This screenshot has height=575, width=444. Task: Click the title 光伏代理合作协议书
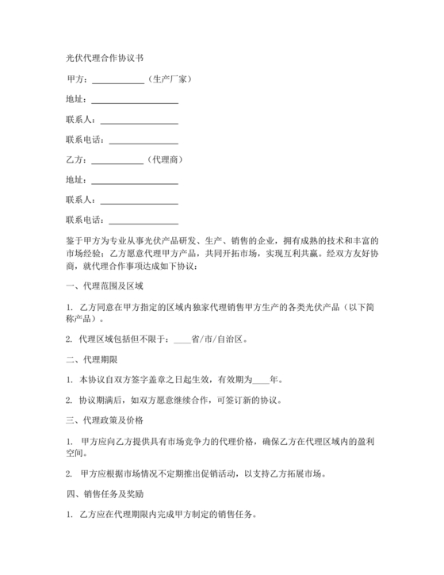pos(104,59)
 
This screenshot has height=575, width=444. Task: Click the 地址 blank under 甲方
pos(135,100)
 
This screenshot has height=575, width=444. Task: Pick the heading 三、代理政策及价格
pos(104,420)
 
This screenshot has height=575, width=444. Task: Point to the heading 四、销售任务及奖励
pos(104,493)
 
